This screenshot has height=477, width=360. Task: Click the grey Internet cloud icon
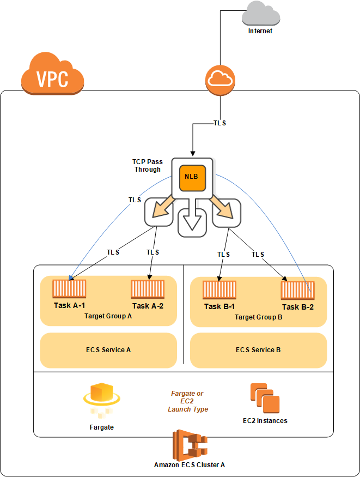click(x=261, y=14)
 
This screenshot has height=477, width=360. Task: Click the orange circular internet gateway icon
click(x=220, y=80)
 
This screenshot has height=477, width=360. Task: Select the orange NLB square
click(x=192, y=178)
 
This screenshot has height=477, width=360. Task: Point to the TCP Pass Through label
click(x=148, y=166)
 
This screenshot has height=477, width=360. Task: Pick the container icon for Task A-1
click(x=69, y=289)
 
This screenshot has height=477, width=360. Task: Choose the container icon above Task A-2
click(x=148, y=289)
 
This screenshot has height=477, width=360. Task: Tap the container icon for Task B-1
click(x=219, y=290)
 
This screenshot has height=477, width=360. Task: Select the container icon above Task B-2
click(x=298, y=291)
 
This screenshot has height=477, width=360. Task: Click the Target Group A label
click(x=108, y=316)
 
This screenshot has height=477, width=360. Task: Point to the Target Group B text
click(x=259, y=317)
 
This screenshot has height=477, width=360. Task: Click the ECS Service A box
click(x=108, y=350)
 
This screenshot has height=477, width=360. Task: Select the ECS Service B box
click(x=259, y=350)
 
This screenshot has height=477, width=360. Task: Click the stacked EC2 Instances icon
click(x=265, y=398)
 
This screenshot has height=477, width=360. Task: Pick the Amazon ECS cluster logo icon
click(x=190, y=445)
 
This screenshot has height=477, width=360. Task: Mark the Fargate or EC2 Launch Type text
click(x=187, y=401)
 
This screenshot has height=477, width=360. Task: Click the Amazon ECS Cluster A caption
click(x=190, y=465)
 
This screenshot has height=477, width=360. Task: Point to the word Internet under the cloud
click(x=260, y=31)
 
